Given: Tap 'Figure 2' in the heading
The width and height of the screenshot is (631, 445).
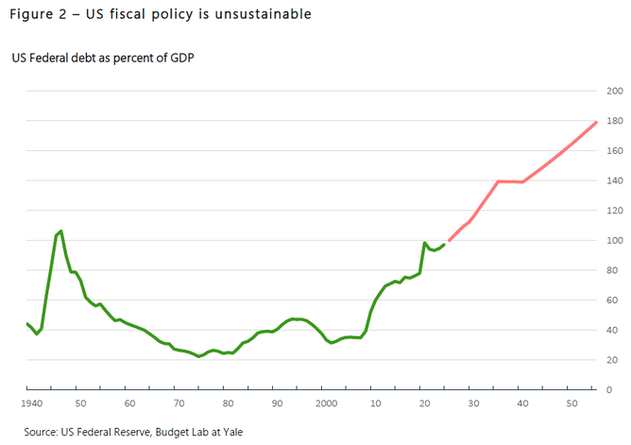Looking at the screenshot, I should [37, 15].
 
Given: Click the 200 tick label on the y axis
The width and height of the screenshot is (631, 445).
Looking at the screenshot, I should [615, 92].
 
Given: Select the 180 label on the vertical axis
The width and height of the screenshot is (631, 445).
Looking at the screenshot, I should [615, 121].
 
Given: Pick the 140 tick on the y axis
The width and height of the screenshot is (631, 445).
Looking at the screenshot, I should [615, 180].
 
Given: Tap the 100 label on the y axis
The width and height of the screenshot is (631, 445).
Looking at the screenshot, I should [615, 241].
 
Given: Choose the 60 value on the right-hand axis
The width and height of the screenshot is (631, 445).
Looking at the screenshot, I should [615, 300].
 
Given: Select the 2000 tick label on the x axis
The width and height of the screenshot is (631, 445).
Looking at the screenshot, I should [327, 403].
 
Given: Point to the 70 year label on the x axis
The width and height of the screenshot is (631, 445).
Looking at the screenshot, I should [178, 403].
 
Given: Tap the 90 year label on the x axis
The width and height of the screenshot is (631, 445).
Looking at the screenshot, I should [277, 403].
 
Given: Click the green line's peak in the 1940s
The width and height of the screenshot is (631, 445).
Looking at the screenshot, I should [61, 231].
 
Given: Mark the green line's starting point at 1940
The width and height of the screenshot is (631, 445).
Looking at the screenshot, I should [27, 323].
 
